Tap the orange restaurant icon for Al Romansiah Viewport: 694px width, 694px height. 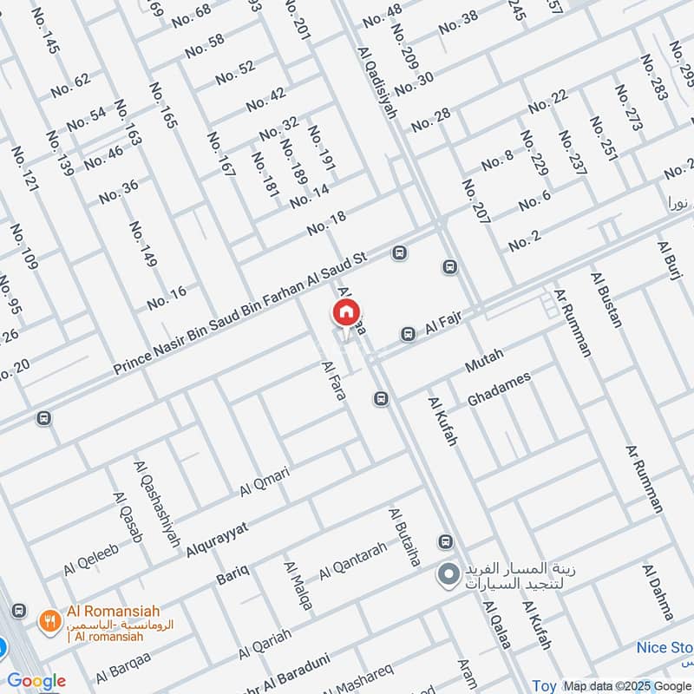[49, 621]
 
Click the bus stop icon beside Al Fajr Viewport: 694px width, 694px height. [408, 334]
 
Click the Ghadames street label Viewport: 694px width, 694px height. [498, 389]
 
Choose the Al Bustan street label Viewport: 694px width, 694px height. [606, 300]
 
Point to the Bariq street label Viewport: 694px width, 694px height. [232, 573]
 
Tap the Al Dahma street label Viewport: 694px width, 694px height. [658, 592]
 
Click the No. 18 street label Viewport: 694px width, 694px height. [326, 222]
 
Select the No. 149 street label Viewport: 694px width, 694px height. [142, 245]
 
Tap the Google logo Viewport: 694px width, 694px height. [36, 681]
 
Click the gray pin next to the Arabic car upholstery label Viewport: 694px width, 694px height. [448, 574]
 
